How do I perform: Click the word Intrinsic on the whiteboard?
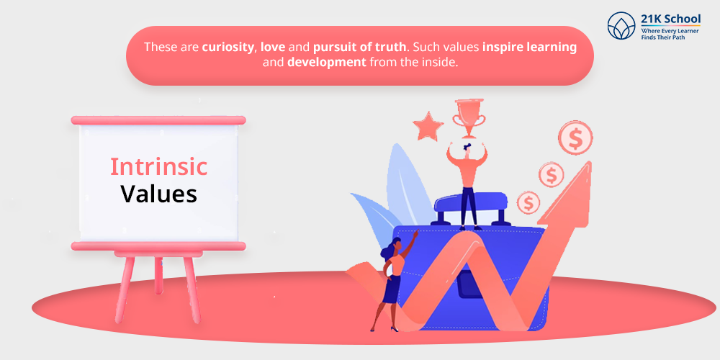coord(158,167)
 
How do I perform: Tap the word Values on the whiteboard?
coord(159,194)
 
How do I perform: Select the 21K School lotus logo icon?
coord(621,25)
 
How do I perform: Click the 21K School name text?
coord(671,19)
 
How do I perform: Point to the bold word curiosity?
coord(228,48)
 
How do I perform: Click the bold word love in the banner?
coord(273,47)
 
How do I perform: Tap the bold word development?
coord(326,62)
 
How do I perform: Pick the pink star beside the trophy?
coord(428,126)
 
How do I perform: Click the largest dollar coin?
coord(575,138)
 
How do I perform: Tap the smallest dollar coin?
coord(528,202)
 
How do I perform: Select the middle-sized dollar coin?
coord(551,174)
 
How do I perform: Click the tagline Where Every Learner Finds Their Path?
coord(670,34)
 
